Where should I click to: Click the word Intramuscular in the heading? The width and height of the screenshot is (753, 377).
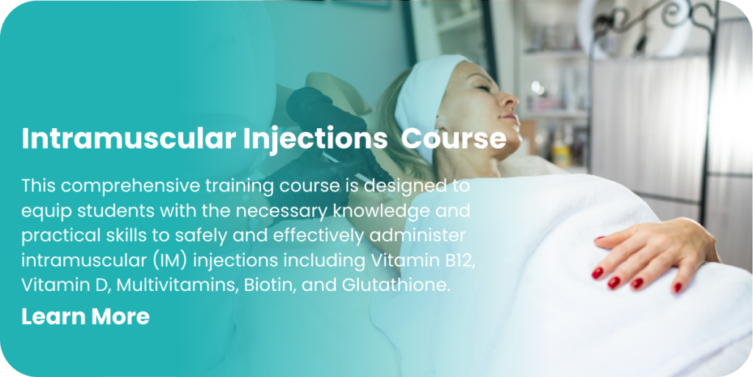click(128, 138)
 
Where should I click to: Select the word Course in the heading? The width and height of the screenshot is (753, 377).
click(453, 138)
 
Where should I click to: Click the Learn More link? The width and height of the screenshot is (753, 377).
click(85, 317)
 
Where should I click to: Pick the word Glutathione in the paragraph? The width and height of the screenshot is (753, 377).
click(396, 285)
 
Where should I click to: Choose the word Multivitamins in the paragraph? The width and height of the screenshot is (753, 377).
click(178, 285)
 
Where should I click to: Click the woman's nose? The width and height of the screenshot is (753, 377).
click(510, 99)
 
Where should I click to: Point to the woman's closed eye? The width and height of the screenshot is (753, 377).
click(482, 88)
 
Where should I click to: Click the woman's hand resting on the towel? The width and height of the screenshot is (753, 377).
click(653, 253)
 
